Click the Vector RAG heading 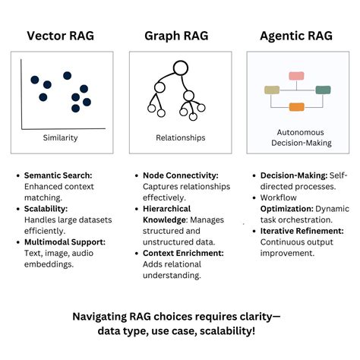[x=62, y=35]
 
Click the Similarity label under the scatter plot [x=62, y=139]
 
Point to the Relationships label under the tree [x=180, y=139]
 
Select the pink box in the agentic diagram [x=296, y=76]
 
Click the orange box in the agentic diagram [x=296, y=106]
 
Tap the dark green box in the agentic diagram [x=323, y=90]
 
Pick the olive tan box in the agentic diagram [x=272, y=90]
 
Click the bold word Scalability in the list [x=46, y=208]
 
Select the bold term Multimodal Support [x=65, y=241]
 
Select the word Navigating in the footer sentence [x=105, y=317]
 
